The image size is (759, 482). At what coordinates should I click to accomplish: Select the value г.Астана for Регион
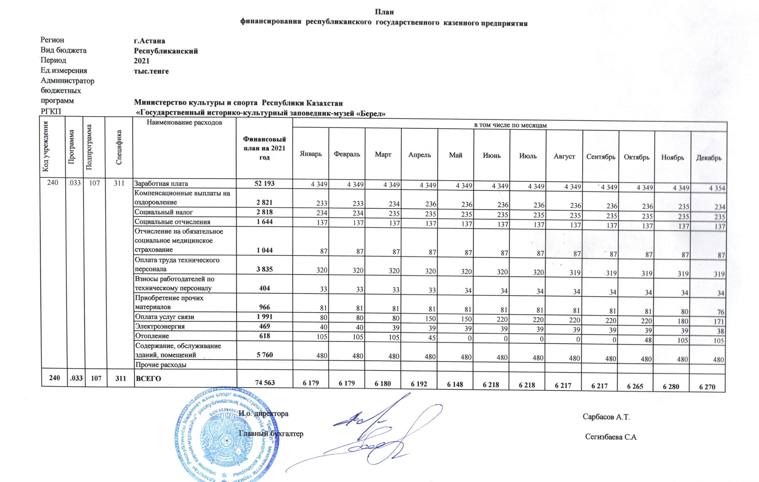(149, 41)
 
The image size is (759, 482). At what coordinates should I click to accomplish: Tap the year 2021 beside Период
(142, 61)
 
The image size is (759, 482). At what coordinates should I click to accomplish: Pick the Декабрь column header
(708, 158)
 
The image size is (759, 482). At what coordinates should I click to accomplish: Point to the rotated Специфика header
(119, 147)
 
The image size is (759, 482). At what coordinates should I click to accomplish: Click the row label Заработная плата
(161, 184)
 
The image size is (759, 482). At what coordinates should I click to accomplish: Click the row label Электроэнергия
(160, 326)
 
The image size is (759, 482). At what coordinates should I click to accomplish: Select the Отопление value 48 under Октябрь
(648, 340)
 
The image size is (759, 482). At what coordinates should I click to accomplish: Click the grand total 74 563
(265, 382)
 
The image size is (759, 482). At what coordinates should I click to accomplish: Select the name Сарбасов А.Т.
(606, 417)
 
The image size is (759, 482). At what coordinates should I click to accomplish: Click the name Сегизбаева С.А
(611, 437)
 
